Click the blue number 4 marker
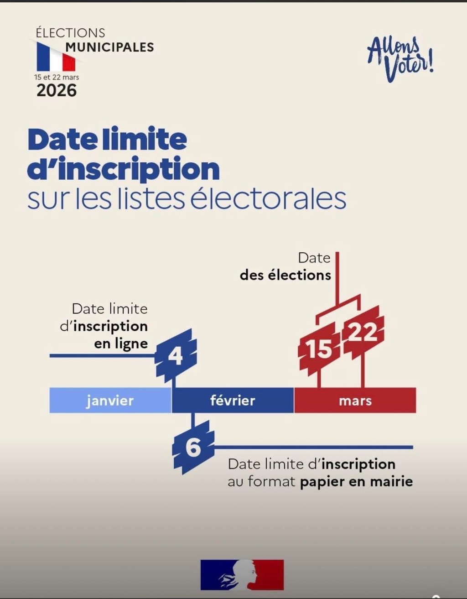(x=176, y=355)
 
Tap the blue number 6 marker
(x=193, y=447)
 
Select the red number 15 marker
(x=319, y=349)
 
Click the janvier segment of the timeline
(x=110, y=400)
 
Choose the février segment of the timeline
(x=233, y=400)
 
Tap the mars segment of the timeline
(x=355, y=400)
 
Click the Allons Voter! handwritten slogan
(x=400, y=59)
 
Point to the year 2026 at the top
(x=57, y=90)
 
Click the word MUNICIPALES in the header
(x=110, y=47)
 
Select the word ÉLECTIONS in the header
(x=70, y=33)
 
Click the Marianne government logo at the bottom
(x=242, y=575)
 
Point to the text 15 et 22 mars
(x=57, y=77)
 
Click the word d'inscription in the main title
(x=124, y=169)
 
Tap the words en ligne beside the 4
(x=121, y=344)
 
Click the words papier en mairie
(x=356, y=481)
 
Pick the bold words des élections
(x=285, y=275)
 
